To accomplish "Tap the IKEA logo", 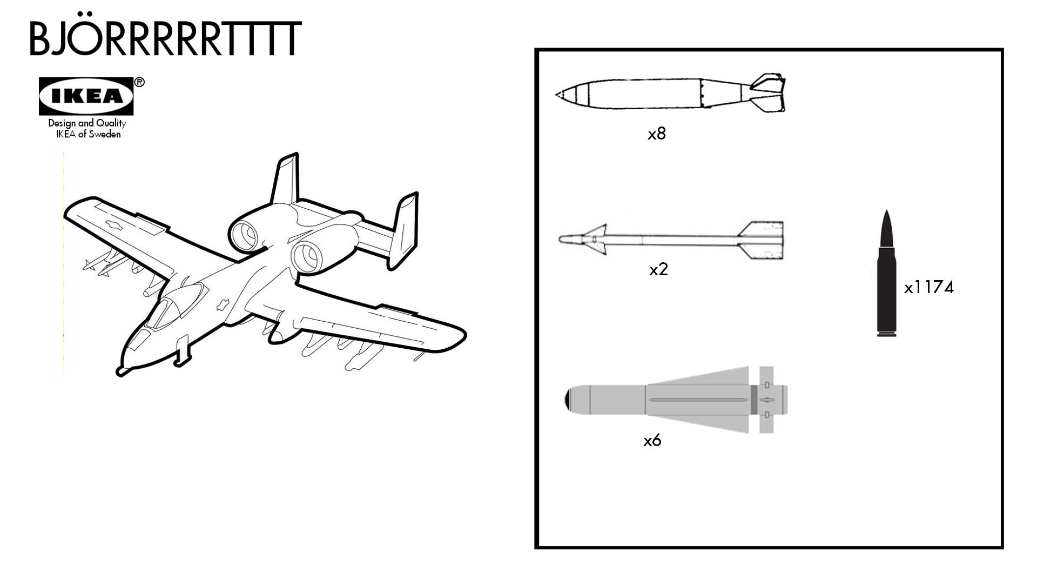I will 86,96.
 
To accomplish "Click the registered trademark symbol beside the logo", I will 139,82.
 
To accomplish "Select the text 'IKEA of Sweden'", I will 88,135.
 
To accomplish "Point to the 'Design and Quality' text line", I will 87,123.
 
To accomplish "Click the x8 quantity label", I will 657,134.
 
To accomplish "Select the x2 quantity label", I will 658,269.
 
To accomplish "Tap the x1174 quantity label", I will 929,287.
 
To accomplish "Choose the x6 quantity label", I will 652,441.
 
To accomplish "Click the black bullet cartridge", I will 886,276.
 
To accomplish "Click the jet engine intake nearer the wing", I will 306,256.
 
